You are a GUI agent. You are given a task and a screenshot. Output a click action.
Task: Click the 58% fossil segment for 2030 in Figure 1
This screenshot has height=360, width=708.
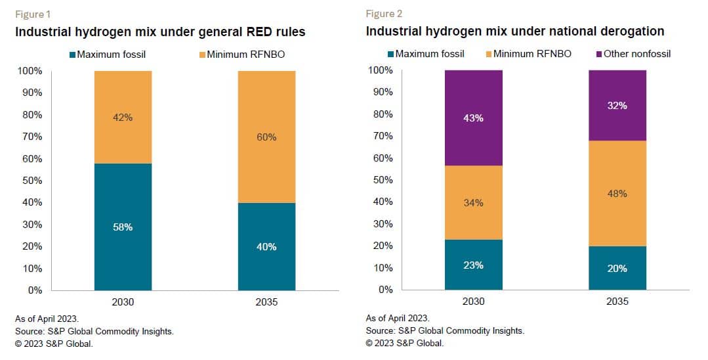click(123, 227)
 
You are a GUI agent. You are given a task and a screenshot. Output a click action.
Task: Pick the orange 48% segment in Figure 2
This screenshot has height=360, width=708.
click(617, 194)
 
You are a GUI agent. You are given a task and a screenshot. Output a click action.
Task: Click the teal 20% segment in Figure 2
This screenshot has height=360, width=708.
click(617, 268)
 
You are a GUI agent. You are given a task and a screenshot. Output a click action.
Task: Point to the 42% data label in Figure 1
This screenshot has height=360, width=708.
click(123, 117)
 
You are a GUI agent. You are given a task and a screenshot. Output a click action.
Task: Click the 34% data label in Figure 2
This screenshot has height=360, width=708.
click(473, 203)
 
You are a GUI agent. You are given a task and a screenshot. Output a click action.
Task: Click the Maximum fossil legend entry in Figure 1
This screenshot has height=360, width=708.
click(109, 54)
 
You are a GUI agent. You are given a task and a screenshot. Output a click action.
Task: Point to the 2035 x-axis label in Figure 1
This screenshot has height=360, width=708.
click(266, 302)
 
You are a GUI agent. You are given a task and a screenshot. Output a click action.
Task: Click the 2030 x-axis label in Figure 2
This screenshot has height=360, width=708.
click(473, 302)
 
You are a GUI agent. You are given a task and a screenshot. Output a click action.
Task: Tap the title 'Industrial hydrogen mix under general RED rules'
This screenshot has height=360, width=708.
click(160, 32)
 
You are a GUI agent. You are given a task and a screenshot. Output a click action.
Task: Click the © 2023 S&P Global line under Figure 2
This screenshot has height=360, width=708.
click(405, 343)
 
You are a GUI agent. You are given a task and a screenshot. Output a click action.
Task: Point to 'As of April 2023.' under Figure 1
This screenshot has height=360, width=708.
click(47, 319)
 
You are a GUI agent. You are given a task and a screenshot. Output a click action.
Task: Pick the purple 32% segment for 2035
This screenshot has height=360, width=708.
click(617, 106)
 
